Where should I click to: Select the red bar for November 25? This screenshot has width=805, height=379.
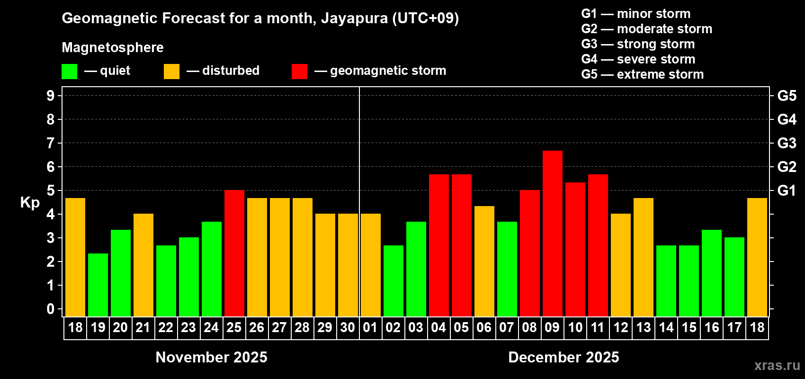click(x=234, y=253)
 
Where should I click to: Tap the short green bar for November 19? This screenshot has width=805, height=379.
click(x=98, y=285)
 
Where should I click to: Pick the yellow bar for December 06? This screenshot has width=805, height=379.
click(x=484, y=261)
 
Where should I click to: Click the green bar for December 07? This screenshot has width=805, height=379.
click(x=507, y=269)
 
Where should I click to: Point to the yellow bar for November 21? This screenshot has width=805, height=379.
click(x=143, y=265)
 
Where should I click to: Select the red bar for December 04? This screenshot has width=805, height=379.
click(x=438, y=245)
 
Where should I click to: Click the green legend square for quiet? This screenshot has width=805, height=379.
click(x=69, y=72)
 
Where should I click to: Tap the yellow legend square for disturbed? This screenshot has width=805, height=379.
click(x=171, y=72)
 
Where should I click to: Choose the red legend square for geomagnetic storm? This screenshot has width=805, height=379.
click(x=299, y=72)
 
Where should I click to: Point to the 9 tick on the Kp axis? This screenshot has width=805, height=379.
click(x=51, y=96)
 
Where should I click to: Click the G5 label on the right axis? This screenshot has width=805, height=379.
click(x=787, y=96)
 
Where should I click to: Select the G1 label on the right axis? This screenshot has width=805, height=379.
click(x=787, y=190)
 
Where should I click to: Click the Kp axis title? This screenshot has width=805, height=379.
click(x=30, y=203)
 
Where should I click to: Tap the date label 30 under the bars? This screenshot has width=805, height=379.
click(x=348, y=327)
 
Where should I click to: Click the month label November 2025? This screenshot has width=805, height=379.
click(x=211, y=357)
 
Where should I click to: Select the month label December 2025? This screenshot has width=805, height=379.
click(x=563, y=357)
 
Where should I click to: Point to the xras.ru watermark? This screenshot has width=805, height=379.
click(x=777, y=365)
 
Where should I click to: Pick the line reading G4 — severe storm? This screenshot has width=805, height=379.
click(x=638, y=59)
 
